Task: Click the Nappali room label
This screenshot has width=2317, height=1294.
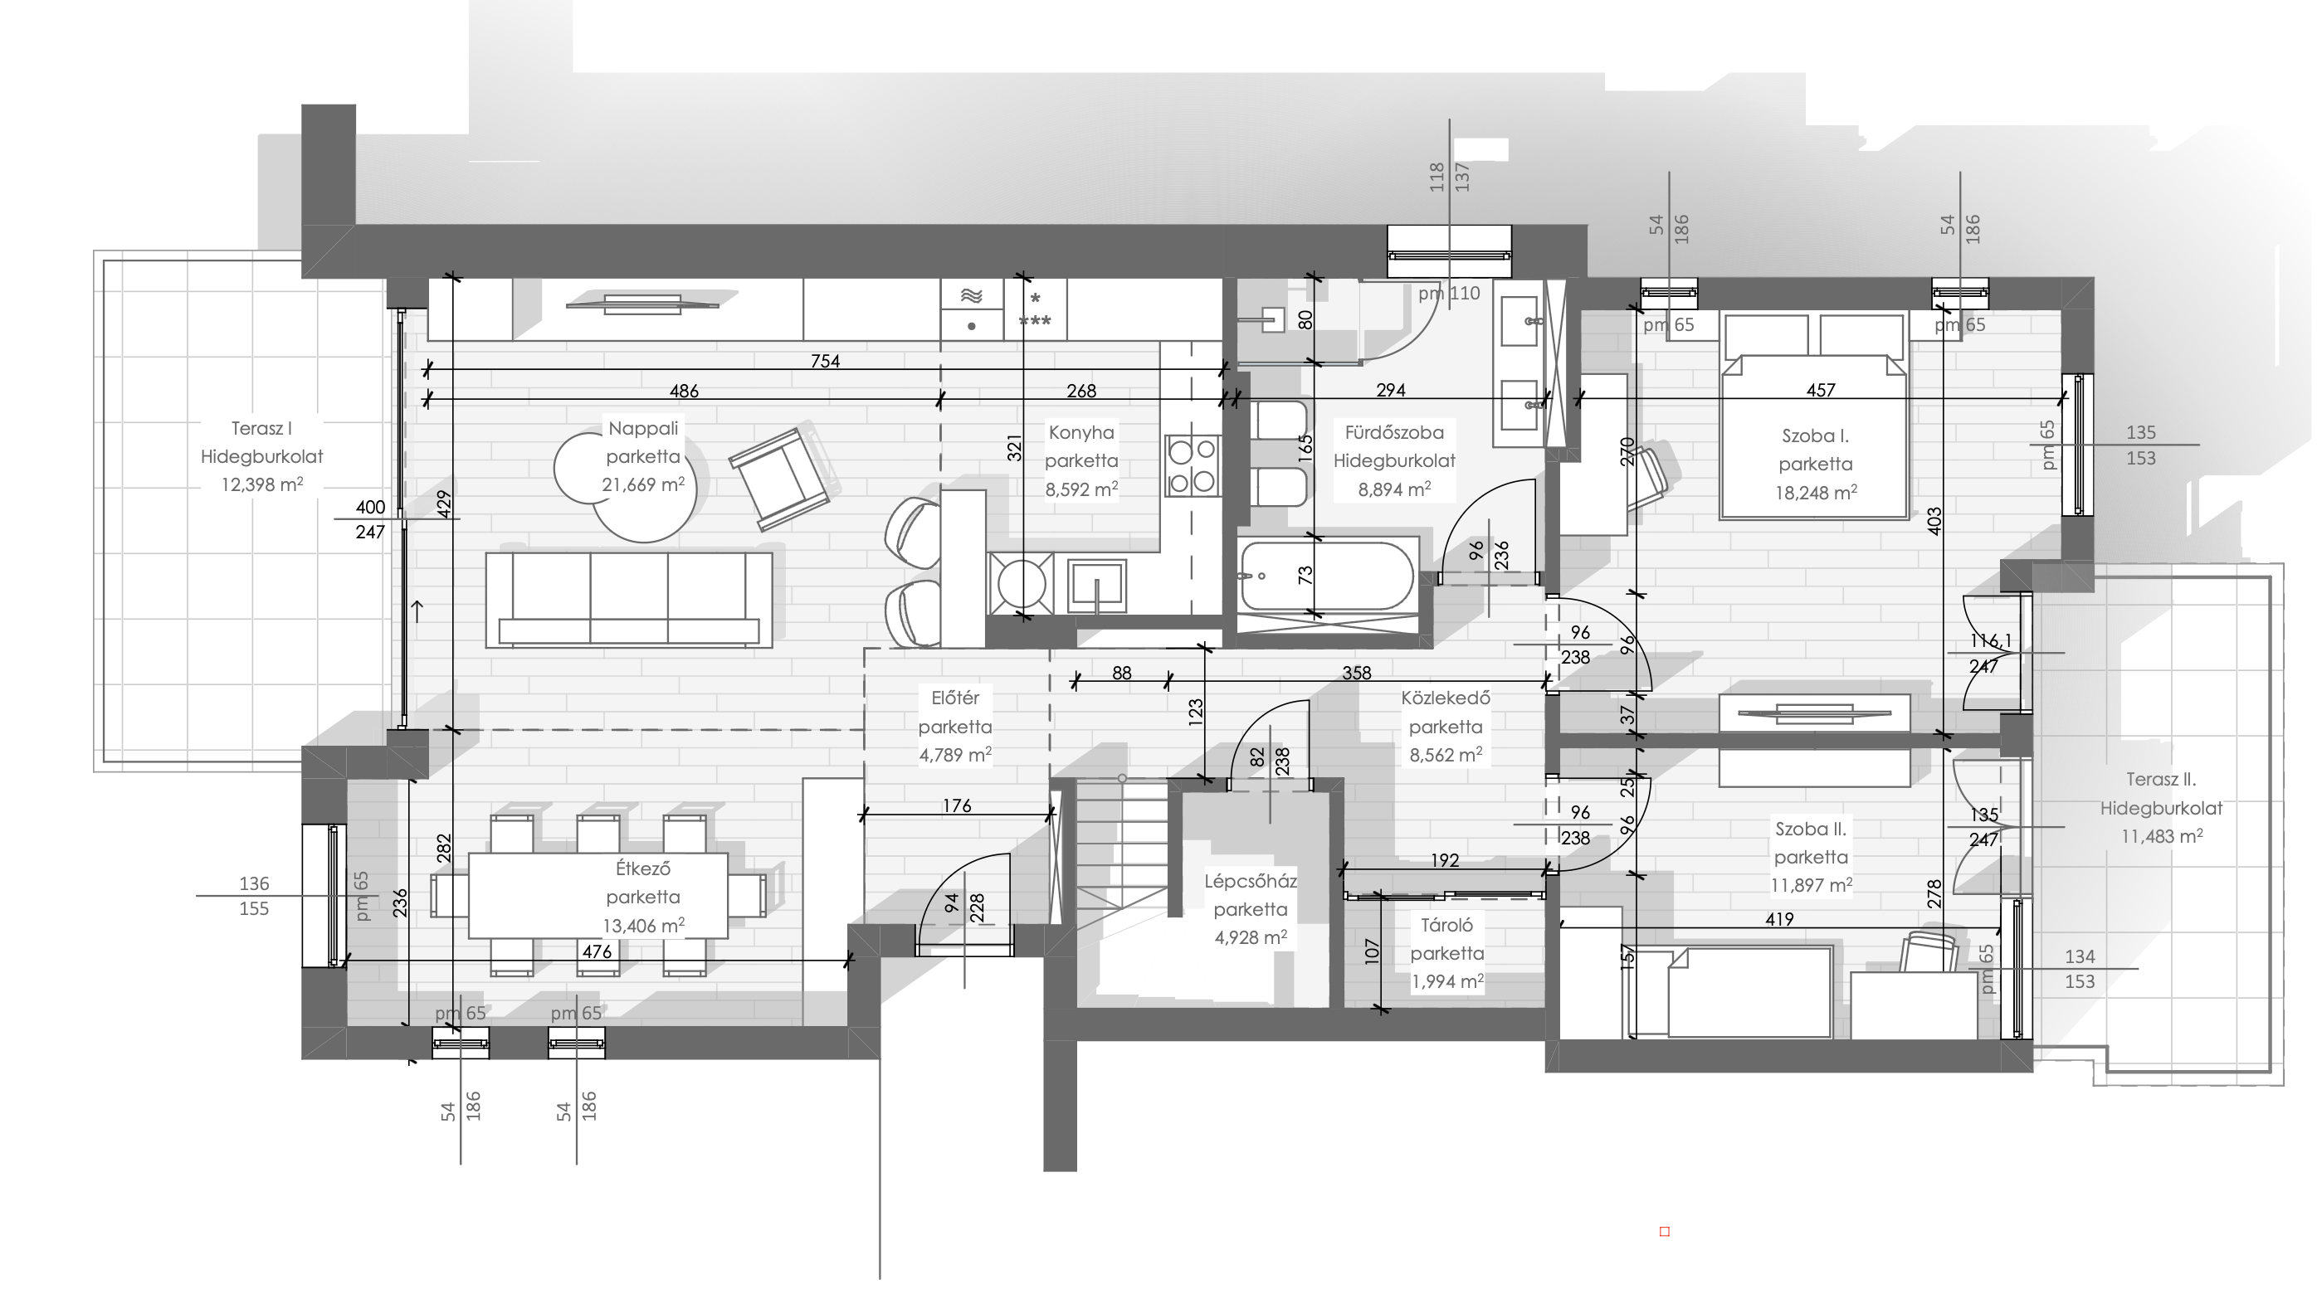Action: [643, 428]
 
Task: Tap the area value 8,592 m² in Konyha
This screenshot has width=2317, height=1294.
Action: [1081, 489]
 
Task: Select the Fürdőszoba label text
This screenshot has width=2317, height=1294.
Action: [1394, 432]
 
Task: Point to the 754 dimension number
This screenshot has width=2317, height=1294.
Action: [825, 361]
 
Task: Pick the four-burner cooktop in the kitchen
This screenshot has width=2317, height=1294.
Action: [1192, 465]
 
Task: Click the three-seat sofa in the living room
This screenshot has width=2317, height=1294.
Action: [629, 600]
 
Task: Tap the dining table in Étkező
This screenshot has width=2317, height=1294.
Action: [598, 896]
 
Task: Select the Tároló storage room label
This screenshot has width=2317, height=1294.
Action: [1446, 924]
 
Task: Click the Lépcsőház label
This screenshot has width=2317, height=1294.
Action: [1251, 881]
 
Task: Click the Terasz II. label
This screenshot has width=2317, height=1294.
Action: [2160, 780]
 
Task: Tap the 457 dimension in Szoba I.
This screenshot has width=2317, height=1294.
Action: [1821, 390]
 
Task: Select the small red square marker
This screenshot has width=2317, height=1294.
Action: [1664, 1231]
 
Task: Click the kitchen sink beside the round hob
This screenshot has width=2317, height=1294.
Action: [1096, 586]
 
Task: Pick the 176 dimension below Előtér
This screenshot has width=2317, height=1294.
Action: [957, 805]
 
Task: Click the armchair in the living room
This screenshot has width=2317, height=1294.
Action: [781, 477]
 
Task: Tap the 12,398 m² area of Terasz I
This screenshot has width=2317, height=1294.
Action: [261, 484]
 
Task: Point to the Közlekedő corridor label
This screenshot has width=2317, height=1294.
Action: [1446, 698]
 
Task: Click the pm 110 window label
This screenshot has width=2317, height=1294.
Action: [1449, 293]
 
